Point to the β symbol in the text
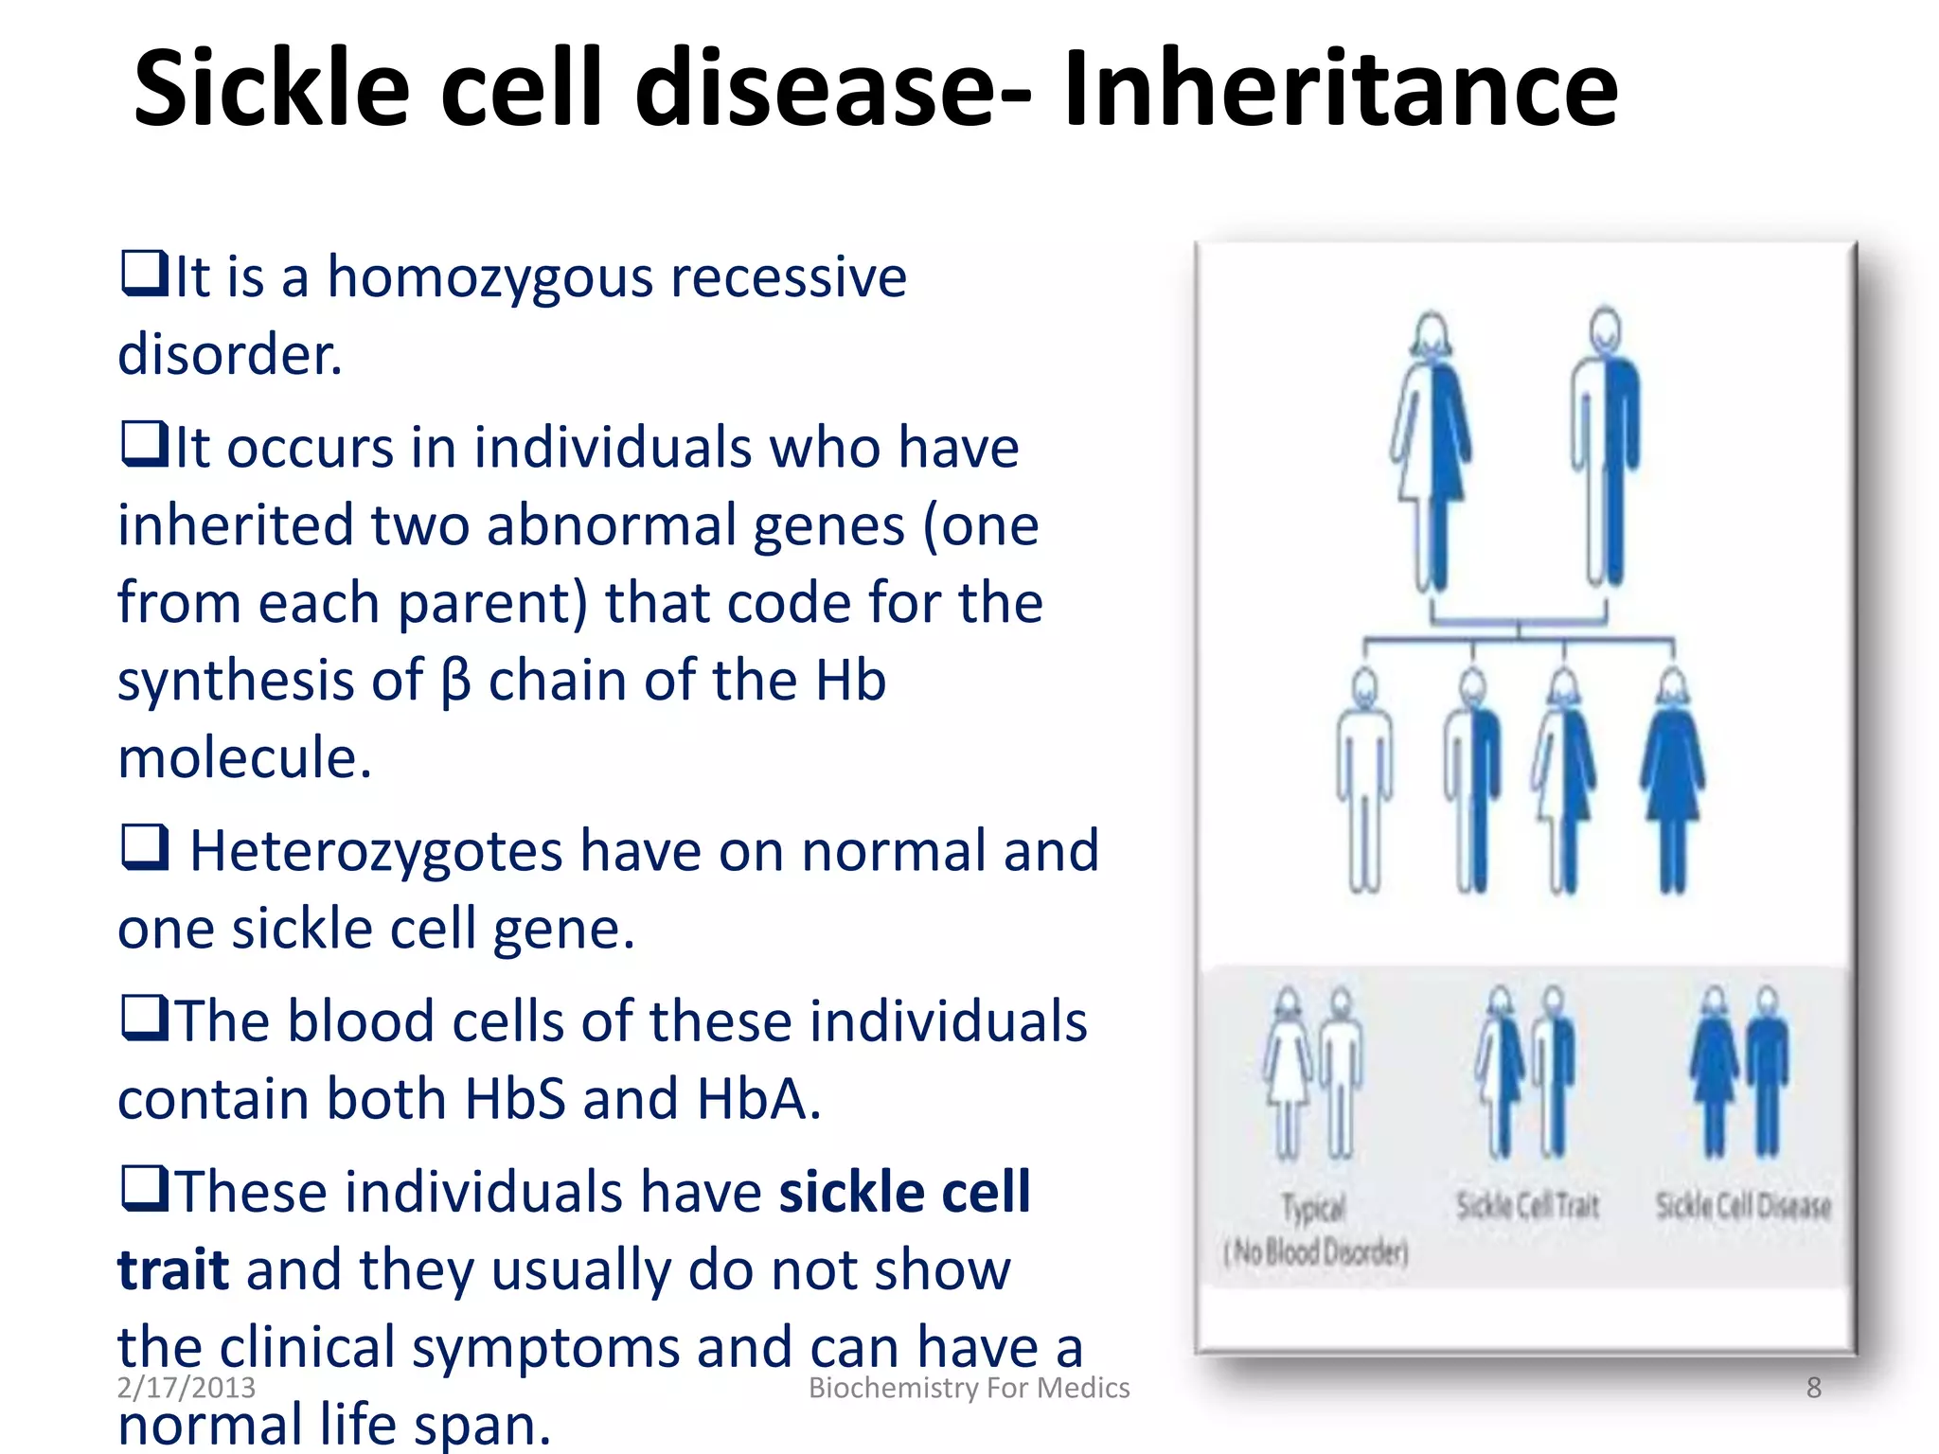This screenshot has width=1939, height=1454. [x=455, y=682]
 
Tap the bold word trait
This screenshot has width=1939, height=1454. [x=173, y=1270]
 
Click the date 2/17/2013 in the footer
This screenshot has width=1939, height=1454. [x=186, y=1388]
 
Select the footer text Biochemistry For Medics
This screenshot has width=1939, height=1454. [x=969, y=1388]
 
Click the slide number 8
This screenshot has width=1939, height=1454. [x=1813, y=1388]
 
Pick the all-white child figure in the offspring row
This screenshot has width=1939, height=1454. [x=1364, y=782]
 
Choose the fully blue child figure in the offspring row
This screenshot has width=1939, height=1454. [x=1673, y=782]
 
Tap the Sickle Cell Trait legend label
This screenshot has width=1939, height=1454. [x=1527, y=1206]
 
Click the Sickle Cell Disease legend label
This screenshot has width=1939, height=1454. [x=1743, y=1206]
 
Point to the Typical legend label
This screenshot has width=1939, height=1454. [x=1313, y=1208]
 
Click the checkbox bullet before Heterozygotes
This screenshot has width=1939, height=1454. [x=145, y=847]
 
